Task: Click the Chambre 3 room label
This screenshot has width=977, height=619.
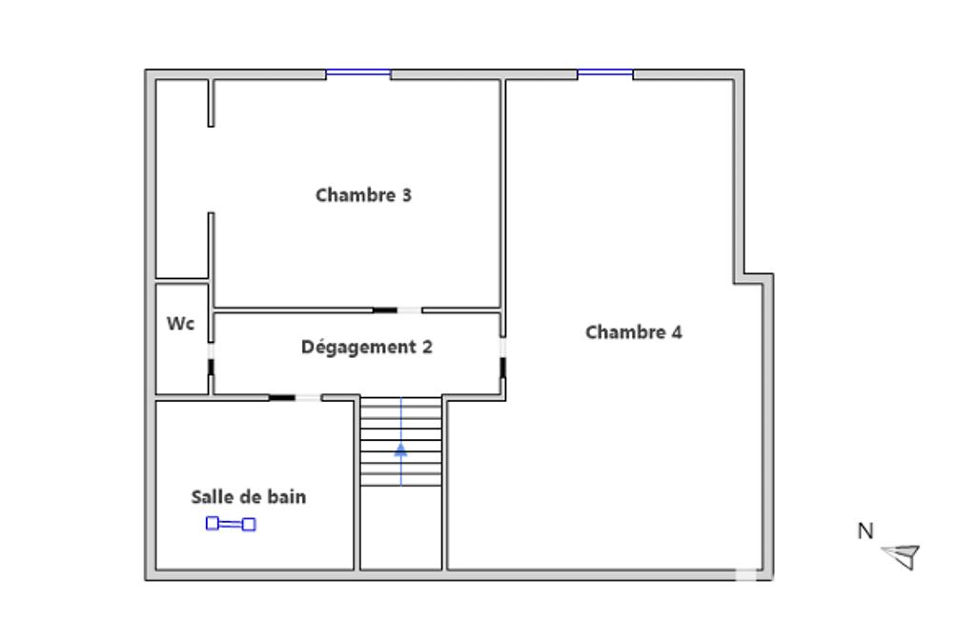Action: [363, 195]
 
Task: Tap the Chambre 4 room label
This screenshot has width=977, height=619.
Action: [634, 332]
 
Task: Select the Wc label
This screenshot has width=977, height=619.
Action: [181, 323]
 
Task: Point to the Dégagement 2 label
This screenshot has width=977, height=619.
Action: [366, 347]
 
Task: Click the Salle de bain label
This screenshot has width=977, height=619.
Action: [249, 497]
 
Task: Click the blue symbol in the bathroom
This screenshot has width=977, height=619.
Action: [231, 524]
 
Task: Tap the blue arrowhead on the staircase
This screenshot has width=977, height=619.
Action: [400, 449]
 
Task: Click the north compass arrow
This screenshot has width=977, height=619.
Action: [902, 555]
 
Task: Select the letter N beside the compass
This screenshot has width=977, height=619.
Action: [865, 531]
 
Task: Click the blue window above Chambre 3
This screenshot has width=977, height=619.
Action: [358, 73]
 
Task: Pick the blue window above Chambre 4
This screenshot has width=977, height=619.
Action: [605, 73]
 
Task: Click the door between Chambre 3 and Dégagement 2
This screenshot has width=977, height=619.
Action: [397, 310]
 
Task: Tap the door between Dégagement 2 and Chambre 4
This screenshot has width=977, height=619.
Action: [503, 358]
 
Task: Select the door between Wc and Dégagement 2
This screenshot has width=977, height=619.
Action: [211, 359]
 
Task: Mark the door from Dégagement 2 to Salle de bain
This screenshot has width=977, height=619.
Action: [295, 397]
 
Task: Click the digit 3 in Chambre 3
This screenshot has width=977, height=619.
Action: [406, 195]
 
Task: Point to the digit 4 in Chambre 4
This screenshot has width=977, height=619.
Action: [677, 332]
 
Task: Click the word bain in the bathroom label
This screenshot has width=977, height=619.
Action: [286, 497]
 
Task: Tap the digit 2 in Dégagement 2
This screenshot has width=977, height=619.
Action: [427, 347]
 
